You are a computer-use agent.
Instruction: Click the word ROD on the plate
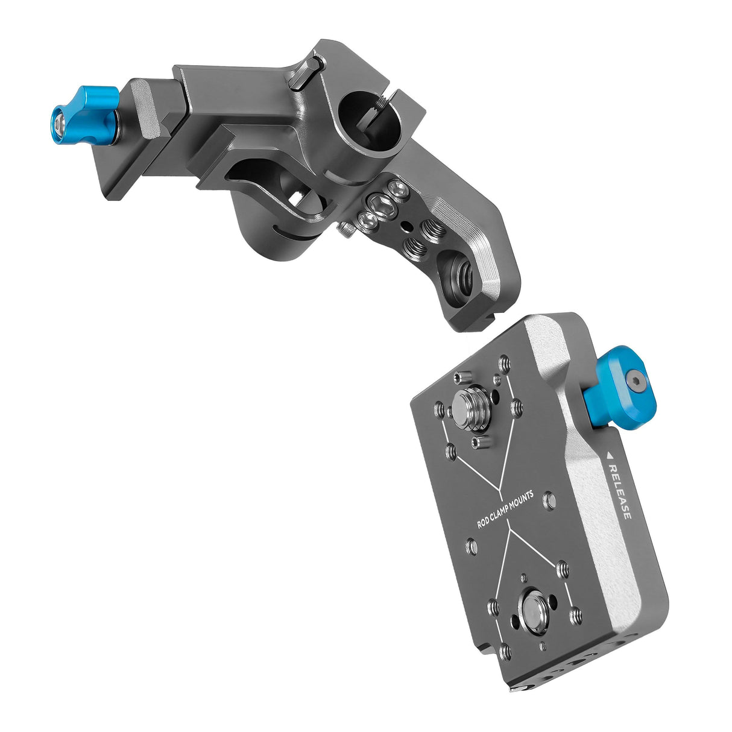484,522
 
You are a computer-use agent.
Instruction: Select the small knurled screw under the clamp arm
347,230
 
